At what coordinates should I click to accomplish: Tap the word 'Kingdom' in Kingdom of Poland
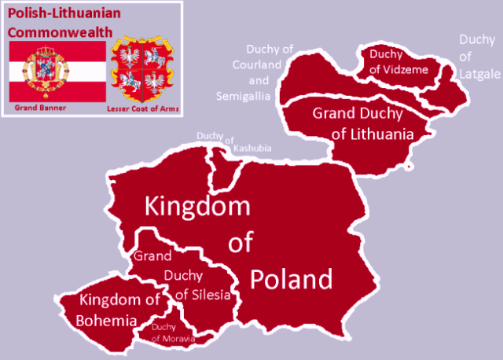click(196, 208)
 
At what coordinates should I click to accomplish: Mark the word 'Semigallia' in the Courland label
click(244, 96)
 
